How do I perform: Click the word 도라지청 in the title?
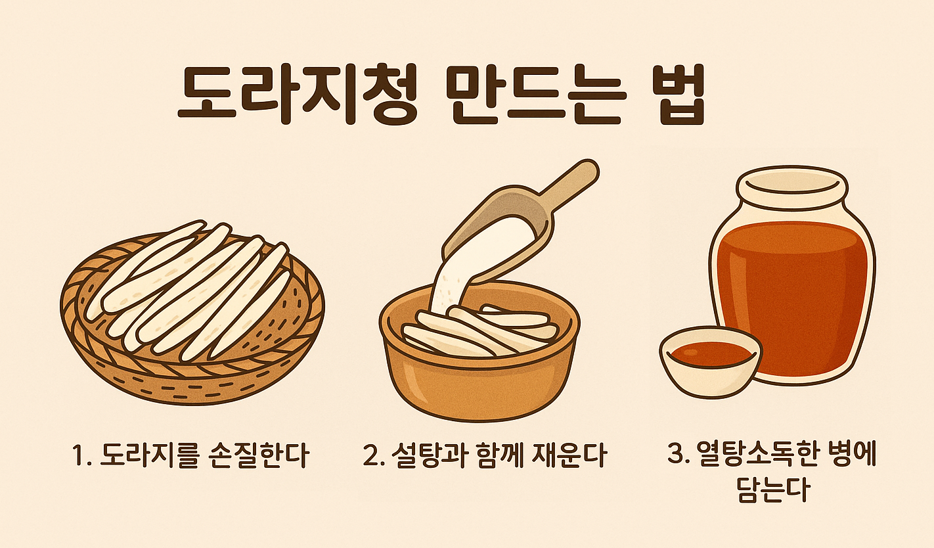pos(299,97)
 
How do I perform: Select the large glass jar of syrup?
pos(795,296)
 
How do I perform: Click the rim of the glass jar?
pos(791,183)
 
